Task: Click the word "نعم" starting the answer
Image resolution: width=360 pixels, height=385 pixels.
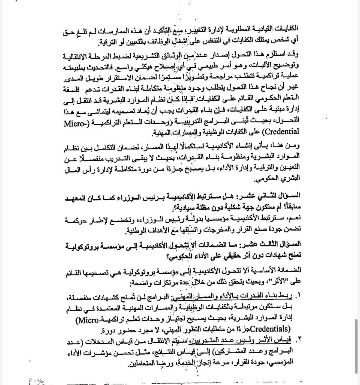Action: [x=295, y=218]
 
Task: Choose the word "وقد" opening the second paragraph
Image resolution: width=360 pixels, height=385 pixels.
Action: [x=293, y=55]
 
